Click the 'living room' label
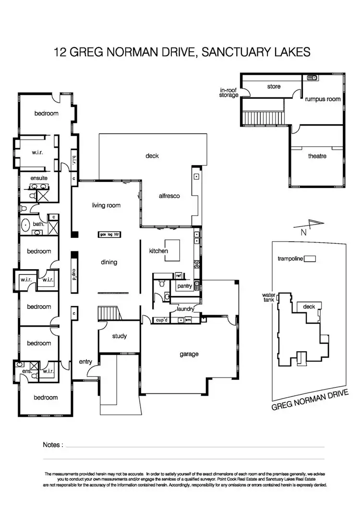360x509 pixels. pyautogui.click(x=106, y=205)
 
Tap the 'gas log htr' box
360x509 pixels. pyautogui.click(x=108, y=235)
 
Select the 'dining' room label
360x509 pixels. pyautogui.click(x=109, y=262)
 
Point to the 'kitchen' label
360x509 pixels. pyautogui.click(x=158, y=251)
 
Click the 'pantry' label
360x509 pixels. pyautogui.click(x=184, y=286)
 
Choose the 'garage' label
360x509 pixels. pyautogui.click(x=189, y=355)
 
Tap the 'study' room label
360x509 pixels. pyautogui.click(x=120, y=336)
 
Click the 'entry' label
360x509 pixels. pyautogui.click(x=85, y=362)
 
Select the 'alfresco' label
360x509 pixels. pyautogui.click(x=169, y=196)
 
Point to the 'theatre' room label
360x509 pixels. pyautogui.click(x=317, y=156)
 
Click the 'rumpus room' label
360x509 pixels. pyautogui.click(x=323, y=99)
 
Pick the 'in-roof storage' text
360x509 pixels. pyautogui.click(x=229, y=93)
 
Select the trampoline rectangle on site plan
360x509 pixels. pyautogui.click(x=311, y=259)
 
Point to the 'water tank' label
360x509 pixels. pyautogui.click(x=267, y=298)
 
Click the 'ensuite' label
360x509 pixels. pyautogui.click(x=38, y=178)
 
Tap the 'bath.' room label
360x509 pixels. pyautogui.click(x=39, y=224)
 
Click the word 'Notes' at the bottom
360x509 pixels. pyautogui.click(x=52, y=445)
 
